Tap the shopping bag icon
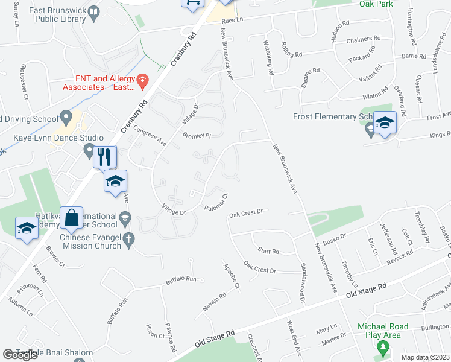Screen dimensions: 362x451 72,218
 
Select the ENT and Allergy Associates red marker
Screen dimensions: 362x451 142,80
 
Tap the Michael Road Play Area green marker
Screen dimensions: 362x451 382,348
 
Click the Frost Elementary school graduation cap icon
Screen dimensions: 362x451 384,123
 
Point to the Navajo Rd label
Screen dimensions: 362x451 214,302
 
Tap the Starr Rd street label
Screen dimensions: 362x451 268,251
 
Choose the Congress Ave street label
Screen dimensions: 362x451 150,136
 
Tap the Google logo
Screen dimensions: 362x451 20,355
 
